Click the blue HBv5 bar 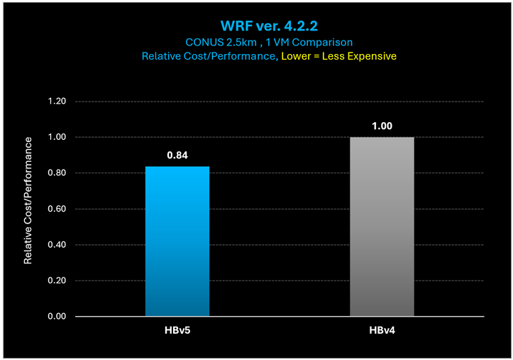click(177, 241)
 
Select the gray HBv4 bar click(382, 227)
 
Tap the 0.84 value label click(177, 154)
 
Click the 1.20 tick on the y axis click(56, 102)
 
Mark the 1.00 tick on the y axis click(56, 137)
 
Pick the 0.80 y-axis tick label click(56, 173)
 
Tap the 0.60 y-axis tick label click(56, 209)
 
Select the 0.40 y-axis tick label click(56, 245)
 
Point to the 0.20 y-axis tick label click(56, 280)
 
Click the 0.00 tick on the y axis click(56, 317)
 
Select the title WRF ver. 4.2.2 click(256, 26)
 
